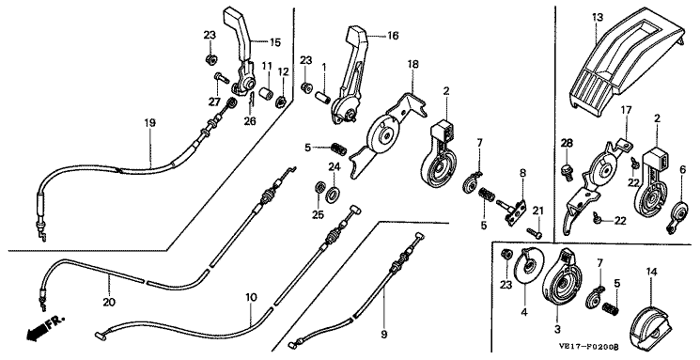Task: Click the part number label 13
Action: coord(598,18)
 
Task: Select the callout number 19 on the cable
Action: coord(150,122)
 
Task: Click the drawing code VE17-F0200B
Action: coord(588,347)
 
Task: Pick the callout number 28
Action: coord(567,143)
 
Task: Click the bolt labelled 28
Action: coord(566,171)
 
